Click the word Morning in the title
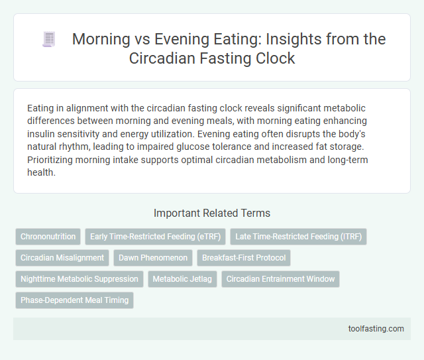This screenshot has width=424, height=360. pos(101,39)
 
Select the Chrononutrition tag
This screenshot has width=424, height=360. pos(47,237)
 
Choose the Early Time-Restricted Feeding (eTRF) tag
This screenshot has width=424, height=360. pos(155,237)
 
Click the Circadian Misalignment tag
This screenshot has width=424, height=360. pos(62,258)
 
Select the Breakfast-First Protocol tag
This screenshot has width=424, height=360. pos(244,258)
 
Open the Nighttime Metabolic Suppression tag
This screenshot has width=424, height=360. pos(79,279)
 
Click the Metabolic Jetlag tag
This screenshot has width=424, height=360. pos(182,279)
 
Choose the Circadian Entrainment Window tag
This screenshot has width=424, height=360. pos(280,279)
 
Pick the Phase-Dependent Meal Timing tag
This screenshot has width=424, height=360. pos(74,300)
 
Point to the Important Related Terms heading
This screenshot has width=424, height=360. pos(212,213)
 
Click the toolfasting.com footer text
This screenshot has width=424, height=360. pos(377,328)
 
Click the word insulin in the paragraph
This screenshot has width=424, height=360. pos(42,132)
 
